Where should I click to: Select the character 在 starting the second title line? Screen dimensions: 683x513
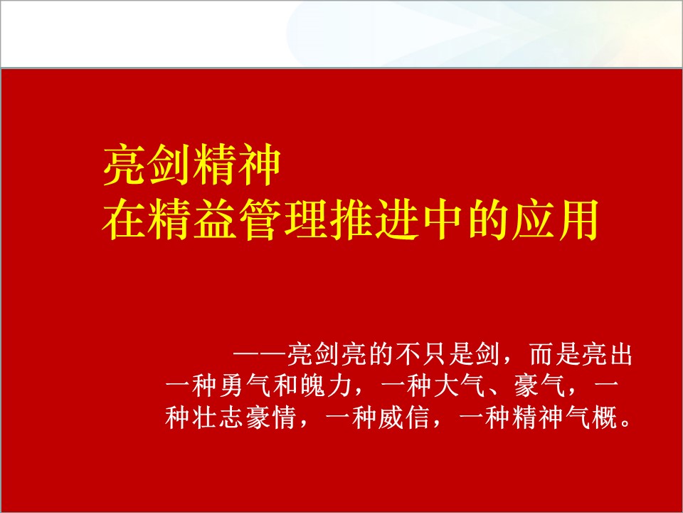[124, 219]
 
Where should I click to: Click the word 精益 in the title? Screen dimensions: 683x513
[192, 219]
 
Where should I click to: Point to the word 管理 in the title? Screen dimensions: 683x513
[282, 219]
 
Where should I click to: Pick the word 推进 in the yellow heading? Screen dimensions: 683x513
[374, 219]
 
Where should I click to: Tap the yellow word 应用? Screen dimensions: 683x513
[554, 219]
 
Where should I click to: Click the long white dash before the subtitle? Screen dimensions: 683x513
[260, 354]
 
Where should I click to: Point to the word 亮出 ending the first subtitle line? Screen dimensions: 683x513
[608, 354]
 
